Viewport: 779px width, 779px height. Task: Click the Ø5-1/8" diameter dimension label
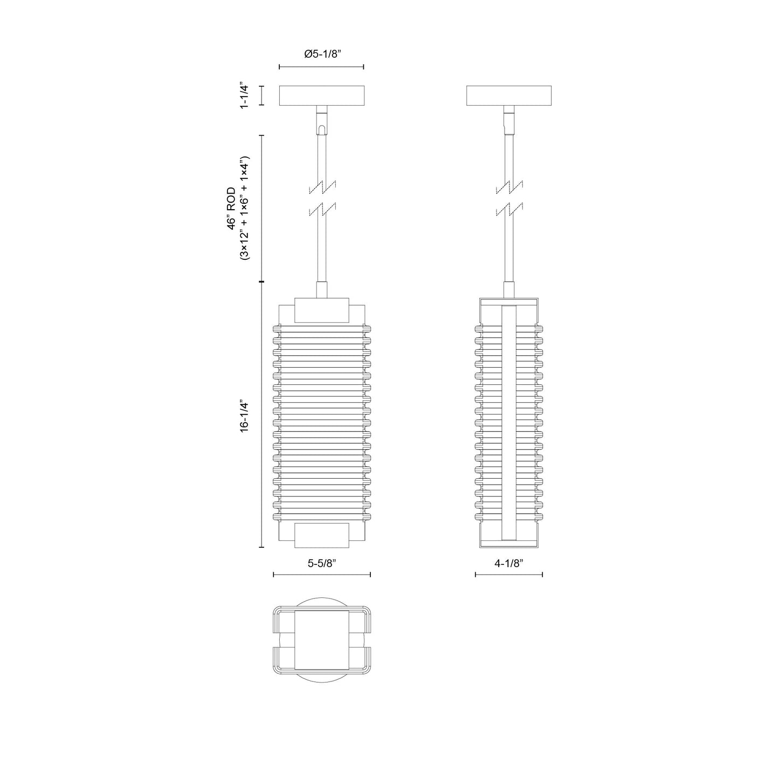[323, 54]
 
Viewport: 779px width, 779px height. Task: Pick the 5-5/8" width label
[322, 563]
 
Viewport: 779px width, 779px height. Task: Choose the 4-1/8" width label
[508, 563]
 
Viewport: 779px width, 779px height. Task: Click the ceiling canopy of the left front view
[322, 95]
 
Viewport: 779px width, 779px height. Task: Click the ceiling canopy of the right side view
[509, 95]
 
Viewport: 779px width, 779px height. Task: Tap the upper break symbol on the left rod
[322, 188]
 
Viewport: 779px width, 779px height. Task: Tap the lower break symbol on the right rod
[509, 209]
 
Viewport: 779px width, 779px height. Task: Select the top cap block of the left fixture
[322, 310]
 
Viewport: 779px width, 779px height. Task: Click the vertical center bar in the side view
[508, 423]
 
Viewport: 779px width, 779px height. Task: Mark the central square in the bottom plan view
[322, 640]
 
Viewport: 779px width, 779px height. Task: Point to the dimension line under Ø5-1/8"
[322, 67]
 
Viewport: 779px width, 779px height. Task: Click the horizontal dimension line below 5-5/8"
[322, 575]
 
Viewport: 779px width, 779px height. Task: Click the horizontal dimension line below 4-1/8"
[508, 575]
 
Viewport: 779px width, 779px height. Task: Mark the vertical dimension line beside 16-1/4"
[262, 415]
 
